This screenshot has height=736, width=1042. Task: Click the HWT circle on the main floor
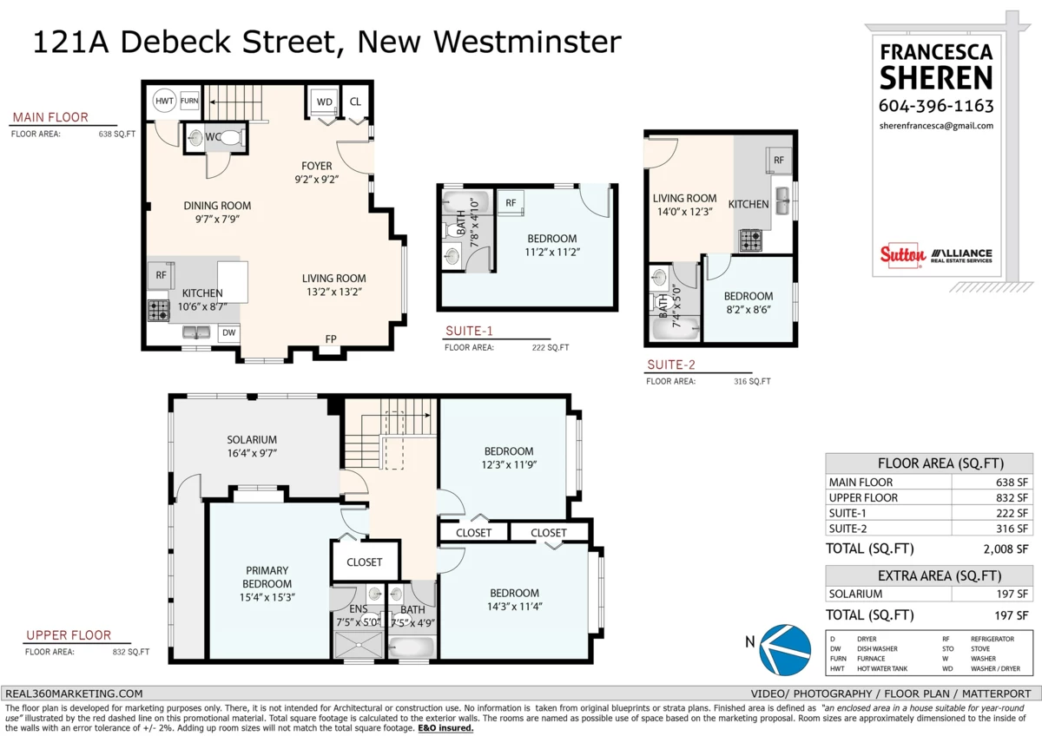[x=164, y=101]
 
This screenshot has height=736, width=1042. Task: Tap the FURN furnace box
[x=189, y=101]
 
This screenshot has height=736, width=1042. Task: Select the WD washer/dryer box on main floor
[x=324, y=102]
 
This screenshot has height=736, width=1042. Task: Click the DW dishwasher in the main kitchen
[x=229, y=332]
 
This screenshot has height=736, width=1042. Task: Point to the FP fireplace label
[x=331, y=339]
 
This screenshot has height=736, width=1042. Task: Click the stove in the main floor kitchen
[x=159, y=311]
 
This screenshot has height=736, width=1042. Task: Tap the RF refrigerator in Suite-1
[x=511, y=203]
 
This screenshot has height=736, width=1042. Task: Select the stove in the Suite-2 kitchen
[x=750, y=240]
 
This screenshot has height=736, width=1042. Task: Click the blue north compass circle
[x=785, y=649]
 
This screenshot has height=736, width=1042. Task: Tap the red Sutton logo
[x=902, y=255]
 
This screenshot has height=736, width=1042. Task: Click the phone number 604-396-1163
[x=936, y=106]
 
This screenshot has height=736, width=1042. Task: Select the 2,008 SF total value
[x=1006, y=549]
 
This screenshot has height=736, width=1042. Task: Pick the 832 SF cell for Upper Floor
[x=1012, y=497]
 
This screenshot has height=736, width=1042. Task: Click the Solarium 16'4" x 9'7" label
[x=252, y=446]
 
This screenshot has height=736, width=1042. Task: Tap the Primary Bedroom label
[x=267, y=583]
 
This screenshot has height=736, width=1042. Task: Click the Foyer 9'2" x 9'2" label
[x=316, y=173]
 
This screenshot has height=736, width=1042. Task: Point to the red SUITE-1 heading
[x=469, y=331]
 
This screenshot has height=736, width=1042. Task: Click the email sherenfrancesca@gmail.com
[x=936, y=126]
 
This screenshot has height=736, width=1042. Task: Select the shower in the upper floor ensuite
[x=358, y=645]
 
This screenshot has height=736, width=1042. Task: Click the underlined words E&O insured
[x=445, y=728]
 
